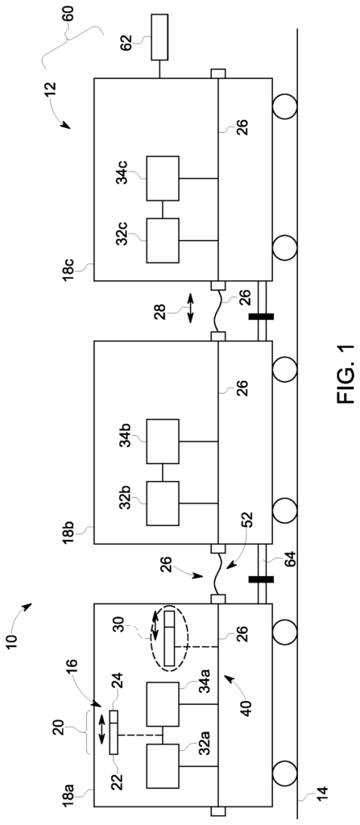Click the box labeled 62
pos(159,37)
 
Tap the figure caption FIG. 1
pos(346,375)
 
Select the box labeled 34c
pos(163,178)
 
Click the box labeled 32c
pos(163,240)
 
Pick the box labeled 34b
pos(163,442)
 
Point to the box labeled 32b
pos(163,504)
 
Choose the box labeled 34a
pos(163,704)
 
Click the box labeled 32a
pos(163,766)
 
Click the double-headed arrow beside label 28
pos(190,309)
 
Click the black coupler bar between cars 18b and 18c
pos(262,317)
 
